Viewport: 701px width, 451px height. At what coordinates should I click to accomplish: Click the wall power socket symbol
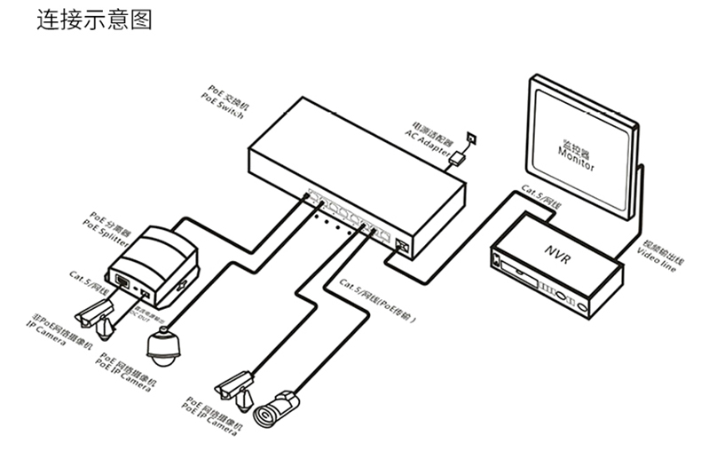click(470, 138)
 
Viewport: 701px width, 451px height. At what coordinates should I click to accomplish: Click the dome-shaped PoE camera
click(163, 346)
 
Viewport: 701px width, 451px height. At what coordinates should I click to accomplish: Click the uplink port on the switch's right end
click(402, 245)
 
